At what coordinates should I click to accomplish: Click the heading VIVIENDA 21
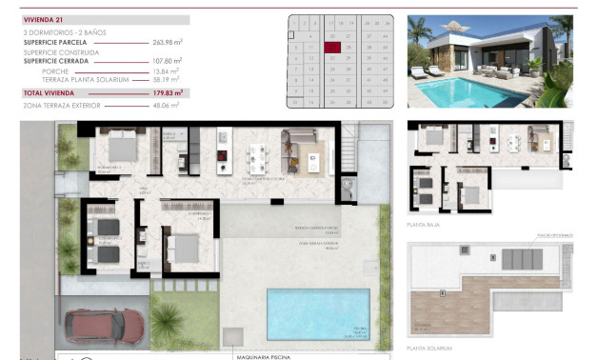click(43, 18)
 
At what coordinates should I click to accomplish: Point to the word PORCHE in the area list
click(55, 70)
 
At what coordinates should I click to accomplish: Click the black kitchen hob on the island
click(222, 158)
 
